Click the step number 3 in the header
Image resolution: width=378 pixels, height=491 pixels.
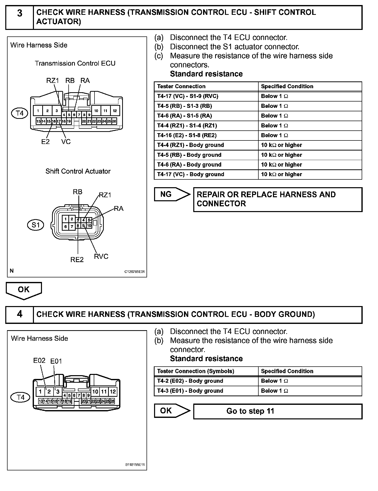[x=20, y=13]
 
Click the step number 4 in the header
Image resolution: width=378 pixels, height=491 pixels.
[x=20, y=314]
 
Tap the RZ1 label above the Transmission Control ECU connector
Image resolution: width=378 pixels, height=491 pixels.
[x=53, y=80]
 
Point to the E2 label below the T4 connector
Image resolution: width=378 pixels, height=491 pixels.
[x=45, y=142]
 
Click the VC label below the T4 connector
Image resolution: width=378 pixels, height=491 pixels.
[x=66, y=142]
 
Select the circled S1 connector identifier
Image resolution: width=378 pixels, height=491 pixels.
[x=35, y=225]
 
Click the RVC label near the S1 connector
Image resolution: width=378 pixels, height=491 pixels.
[x=101, y=256]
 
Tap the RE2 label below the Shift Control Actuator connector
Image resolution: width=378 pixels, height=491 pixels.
[x=77, y=260]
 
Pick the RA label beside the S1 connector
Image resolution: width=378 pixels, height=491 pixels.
[x=119, y=209]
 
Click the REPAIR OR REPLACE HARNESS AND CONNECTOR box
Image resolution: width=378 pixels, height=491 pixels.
[x=278, y=199]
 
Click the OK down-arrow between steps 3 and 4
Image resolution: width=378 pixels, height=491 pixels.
[x=24, y=290]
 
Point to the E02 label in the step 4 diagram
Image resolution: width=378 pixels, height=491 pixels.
[x=39, y=361]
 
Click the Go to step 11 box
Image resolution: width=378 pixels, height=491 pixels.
[x=278, y=411]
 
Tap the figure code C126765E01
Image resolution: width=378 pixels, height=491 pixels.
[x=134, y=272]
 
